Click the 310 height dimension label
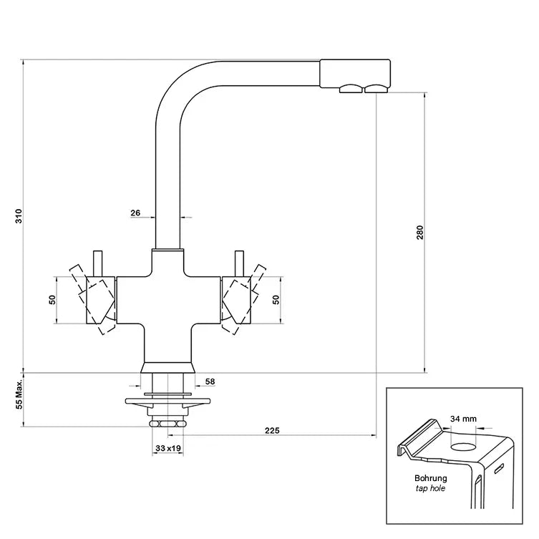[x=19, y=215]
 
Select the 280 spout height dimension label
[x=421, y=233]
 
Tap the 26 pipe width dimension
[x=135, y=213]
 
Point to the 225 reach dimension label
[x=272, y=431]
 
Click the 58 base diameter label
[x=210, y=382]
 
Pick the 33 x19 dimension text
[x=167, y=450]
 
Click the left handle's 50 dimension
[x=52, y=299]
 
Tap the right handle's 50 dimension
[x=277, y=299]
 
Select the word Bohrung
[x=431, y=478]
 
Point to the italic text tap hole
[x=431, y=489]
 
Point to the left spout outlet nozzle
[x=350, y=89]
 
